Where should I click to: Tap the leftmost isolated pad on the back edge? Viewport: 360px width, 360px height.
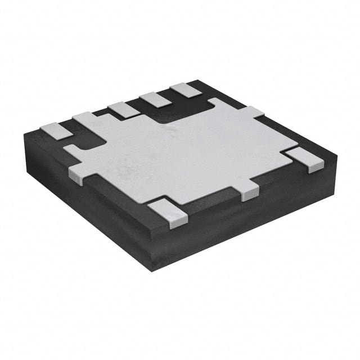[x=56, y=130]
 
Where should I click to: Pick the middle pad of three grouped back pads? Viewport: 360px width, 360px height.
[x=155, y=100]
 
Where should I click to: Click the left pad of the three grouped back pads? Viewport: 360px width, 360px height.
[x=124, y=109]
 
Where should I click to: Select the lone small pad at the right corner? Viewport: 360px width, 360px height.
[x=304, y=157]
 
